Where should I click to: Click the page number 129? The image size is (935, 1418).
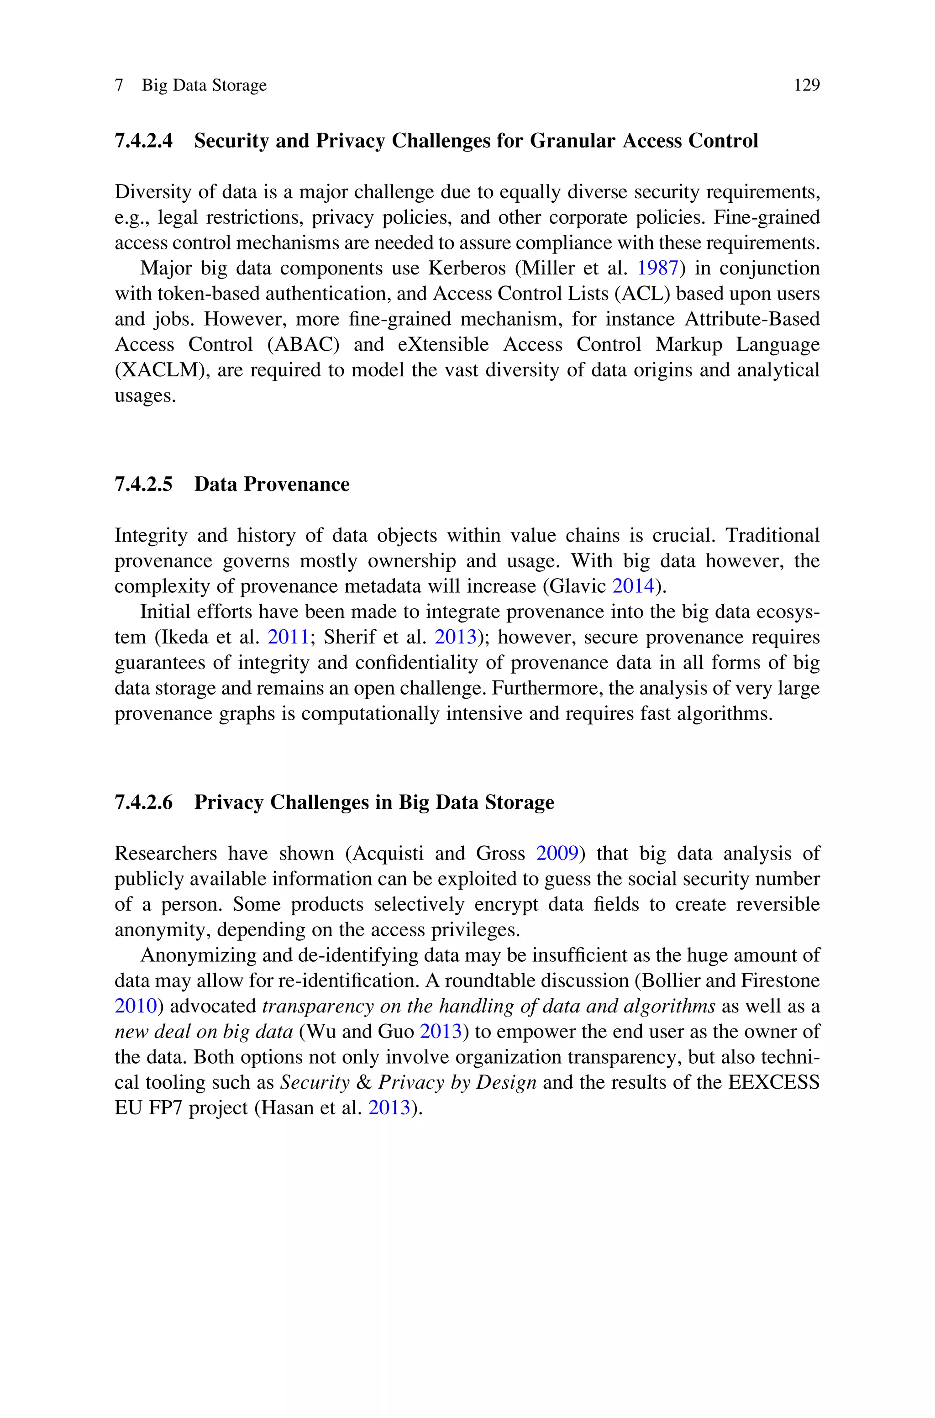[x=807, y=85]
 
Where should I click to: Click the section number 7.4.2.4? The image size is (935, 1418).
[x=144, y=141]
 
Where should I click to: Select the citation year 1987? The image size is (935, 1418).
[x=658, y=269]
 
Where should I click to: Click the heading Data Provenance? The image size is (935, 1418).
[x=272, y=484]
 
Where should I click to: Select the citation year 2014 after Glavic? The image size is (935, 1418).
[x=633, y=586]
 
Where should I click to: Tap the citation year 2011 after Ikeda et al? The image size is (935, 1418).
[x=288, y=638]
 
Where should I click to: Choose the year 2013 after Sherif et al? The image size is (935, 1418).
[x=456, y=638]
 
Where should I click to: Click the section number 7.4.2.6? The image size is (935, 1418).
[x=144, y=802]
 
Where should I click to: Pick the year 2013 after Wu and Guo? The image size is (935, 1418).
[x=441, y=1032]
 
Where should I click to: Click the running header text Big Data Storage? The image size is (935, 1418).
[x=204, y=85]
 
